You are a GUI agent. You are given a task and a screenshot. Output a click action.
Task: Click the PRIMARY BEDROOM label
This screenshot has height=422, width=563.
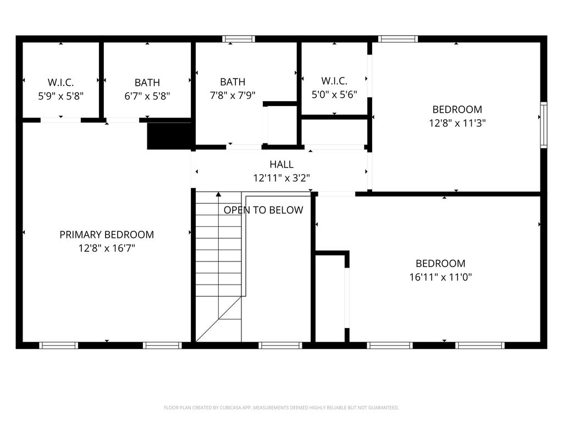107,235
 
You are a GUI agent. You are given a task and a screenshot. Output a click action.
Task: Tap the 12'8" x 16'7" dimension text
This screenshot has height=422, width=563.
107,248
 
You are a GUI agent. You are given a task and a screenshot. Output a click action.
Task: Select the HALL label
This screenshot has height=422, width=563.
281,164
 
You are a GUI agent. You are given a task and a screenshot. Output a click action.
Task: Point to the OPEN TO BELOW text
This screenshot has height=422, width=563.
263,210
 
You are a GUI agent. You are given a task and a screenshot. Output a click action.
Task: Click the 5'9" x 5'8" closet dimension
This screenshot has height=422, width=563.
60,96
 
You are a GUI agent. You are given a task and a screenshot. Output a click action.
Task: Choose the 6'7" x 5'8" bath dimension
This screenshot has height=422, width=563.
147,96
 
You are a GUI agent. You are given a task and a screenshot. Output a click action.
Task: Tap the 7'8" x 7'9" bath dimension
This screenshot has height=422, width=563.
233,96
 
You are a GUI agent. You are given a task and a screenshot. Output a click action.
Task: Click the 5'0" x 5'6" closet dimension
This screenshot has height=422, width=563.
334,95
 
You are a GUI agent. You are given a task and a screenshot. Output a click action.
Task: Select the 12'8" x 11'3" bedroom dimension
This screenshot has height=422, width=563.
457,123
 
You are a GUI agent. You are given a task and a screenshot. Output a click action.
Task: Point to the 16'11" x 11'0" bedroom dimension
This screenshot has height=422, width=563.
440,277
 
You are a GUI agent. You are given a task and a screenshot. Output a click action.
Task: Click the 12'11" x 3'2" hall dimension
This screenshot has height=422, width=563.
281,178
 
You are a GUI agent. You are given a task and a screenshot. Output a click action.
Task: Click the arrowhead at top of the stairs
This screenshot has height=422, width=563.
218,195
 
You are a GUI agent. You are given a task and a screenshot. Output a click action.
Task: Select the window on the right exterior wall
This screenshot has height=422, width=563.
544,125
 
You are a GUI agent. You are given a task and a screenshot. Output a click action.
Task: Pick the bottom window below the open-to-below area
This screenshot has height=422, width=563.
280,346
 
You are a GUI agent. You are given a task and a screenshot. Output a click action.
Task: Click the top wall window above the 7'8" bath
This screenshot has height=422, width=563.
239,39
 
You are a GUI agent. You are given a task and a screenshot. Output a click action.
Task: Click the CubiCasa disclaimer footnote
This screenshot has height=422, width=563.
281,408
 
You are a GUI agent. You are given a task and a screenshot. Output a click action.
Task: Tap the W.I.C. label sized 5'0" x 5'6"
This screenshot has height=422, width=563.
334,81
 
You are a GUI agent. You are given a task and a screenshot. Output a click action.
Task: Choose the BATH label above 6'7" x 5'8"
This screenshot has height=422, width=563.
147,82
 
